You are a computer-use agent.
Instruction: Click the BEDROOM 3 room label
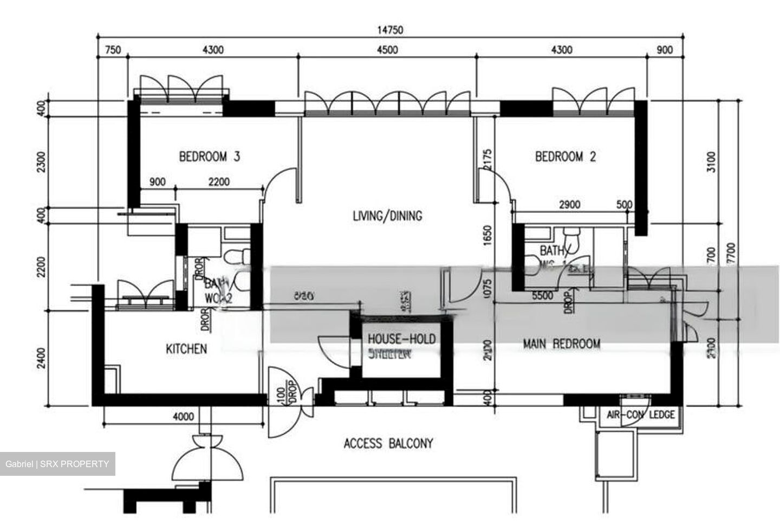[209, 157]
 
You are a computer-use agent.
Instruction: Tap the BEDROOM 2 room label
[565, 157]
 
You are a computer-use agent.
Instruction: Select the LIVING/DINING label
[387, 216]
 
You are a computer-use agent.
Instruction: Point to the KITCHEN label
[186, 348]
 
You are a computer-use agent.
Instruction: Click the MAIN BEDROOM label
[561, 344]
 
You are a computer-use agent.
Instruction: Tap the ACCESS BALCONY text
[388, 444]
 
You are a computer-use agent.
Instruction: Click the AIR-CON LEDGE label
[640, 415]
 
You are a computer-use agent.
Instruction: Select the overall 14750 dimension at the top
[389, 30]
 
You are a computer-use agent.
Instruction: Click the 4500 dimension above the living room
[387, 50]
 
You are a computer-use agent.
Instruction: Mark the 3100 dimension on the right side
[711, 162]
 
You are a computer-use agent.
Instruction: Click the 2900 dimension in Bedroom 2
[569, 204]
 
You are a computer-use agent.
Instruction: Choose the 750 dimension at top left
[112, 50]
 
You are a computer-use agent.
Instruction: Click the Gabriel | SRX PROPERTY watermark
[57, 464]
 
